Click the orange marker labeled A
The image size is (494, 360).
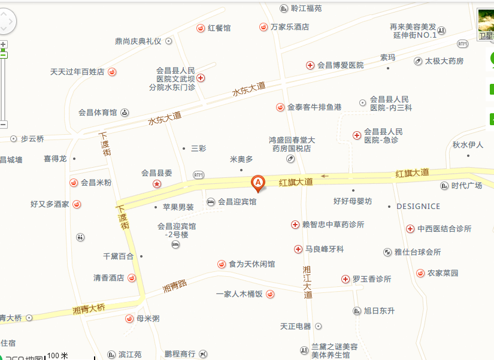(x=257, y=182)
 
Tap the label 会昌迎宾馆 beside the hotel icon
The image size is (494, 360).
(x=237, y=202)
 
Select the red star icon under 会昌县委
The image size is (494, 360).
(x=157, y=183)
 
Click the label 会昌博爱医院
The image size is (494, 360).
(x=340, y=65)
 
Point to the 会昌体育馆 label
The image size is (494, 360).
(x=98, y=112)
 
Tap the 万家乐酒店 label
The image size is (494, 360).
(x=290, y=27)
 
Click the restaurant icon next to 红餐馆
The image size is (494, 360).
(x=201, y=28)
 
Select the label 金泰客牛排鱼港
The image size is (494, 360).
(x=314, y=107)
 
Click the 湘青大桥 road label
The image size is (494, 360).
(x=89, y=309)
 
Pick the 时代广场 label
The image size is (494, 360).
(x=466, y=186)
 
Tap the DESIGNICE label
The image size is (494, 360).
(x=418, y=206)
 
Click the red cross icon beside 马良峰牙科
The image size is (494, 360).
(x=298, y=249)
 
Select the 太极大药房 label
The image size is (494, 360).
(x=444, y=61)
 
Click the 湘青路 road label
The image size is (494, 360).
(x=175, y=287)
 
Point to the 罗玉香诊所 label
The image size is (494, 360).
(x=371, y=279)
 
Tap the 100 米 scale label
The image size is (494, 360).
(x=57, y=356)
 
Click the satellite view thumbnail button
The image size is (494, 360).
(x=486, y=24)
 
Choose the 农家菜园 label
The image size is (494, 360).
(x=443, y=273)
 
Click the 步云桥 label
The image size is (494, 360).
(x=32, y=138)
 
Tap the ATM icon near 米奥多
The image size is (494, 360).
(x=199, y=175)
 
